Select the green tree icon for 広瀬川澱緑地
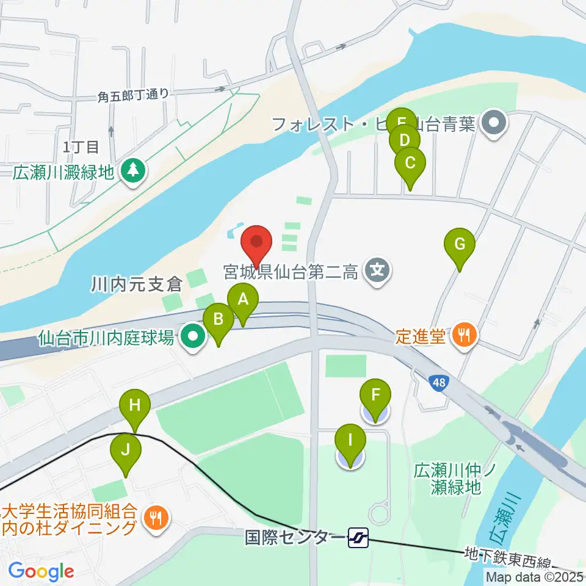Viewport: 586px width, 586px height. coord(133,171)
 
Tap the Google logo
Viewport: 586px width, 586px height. coord(41,571)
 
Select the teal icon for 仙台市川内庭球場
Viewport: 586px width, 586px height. coord(194,336)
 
